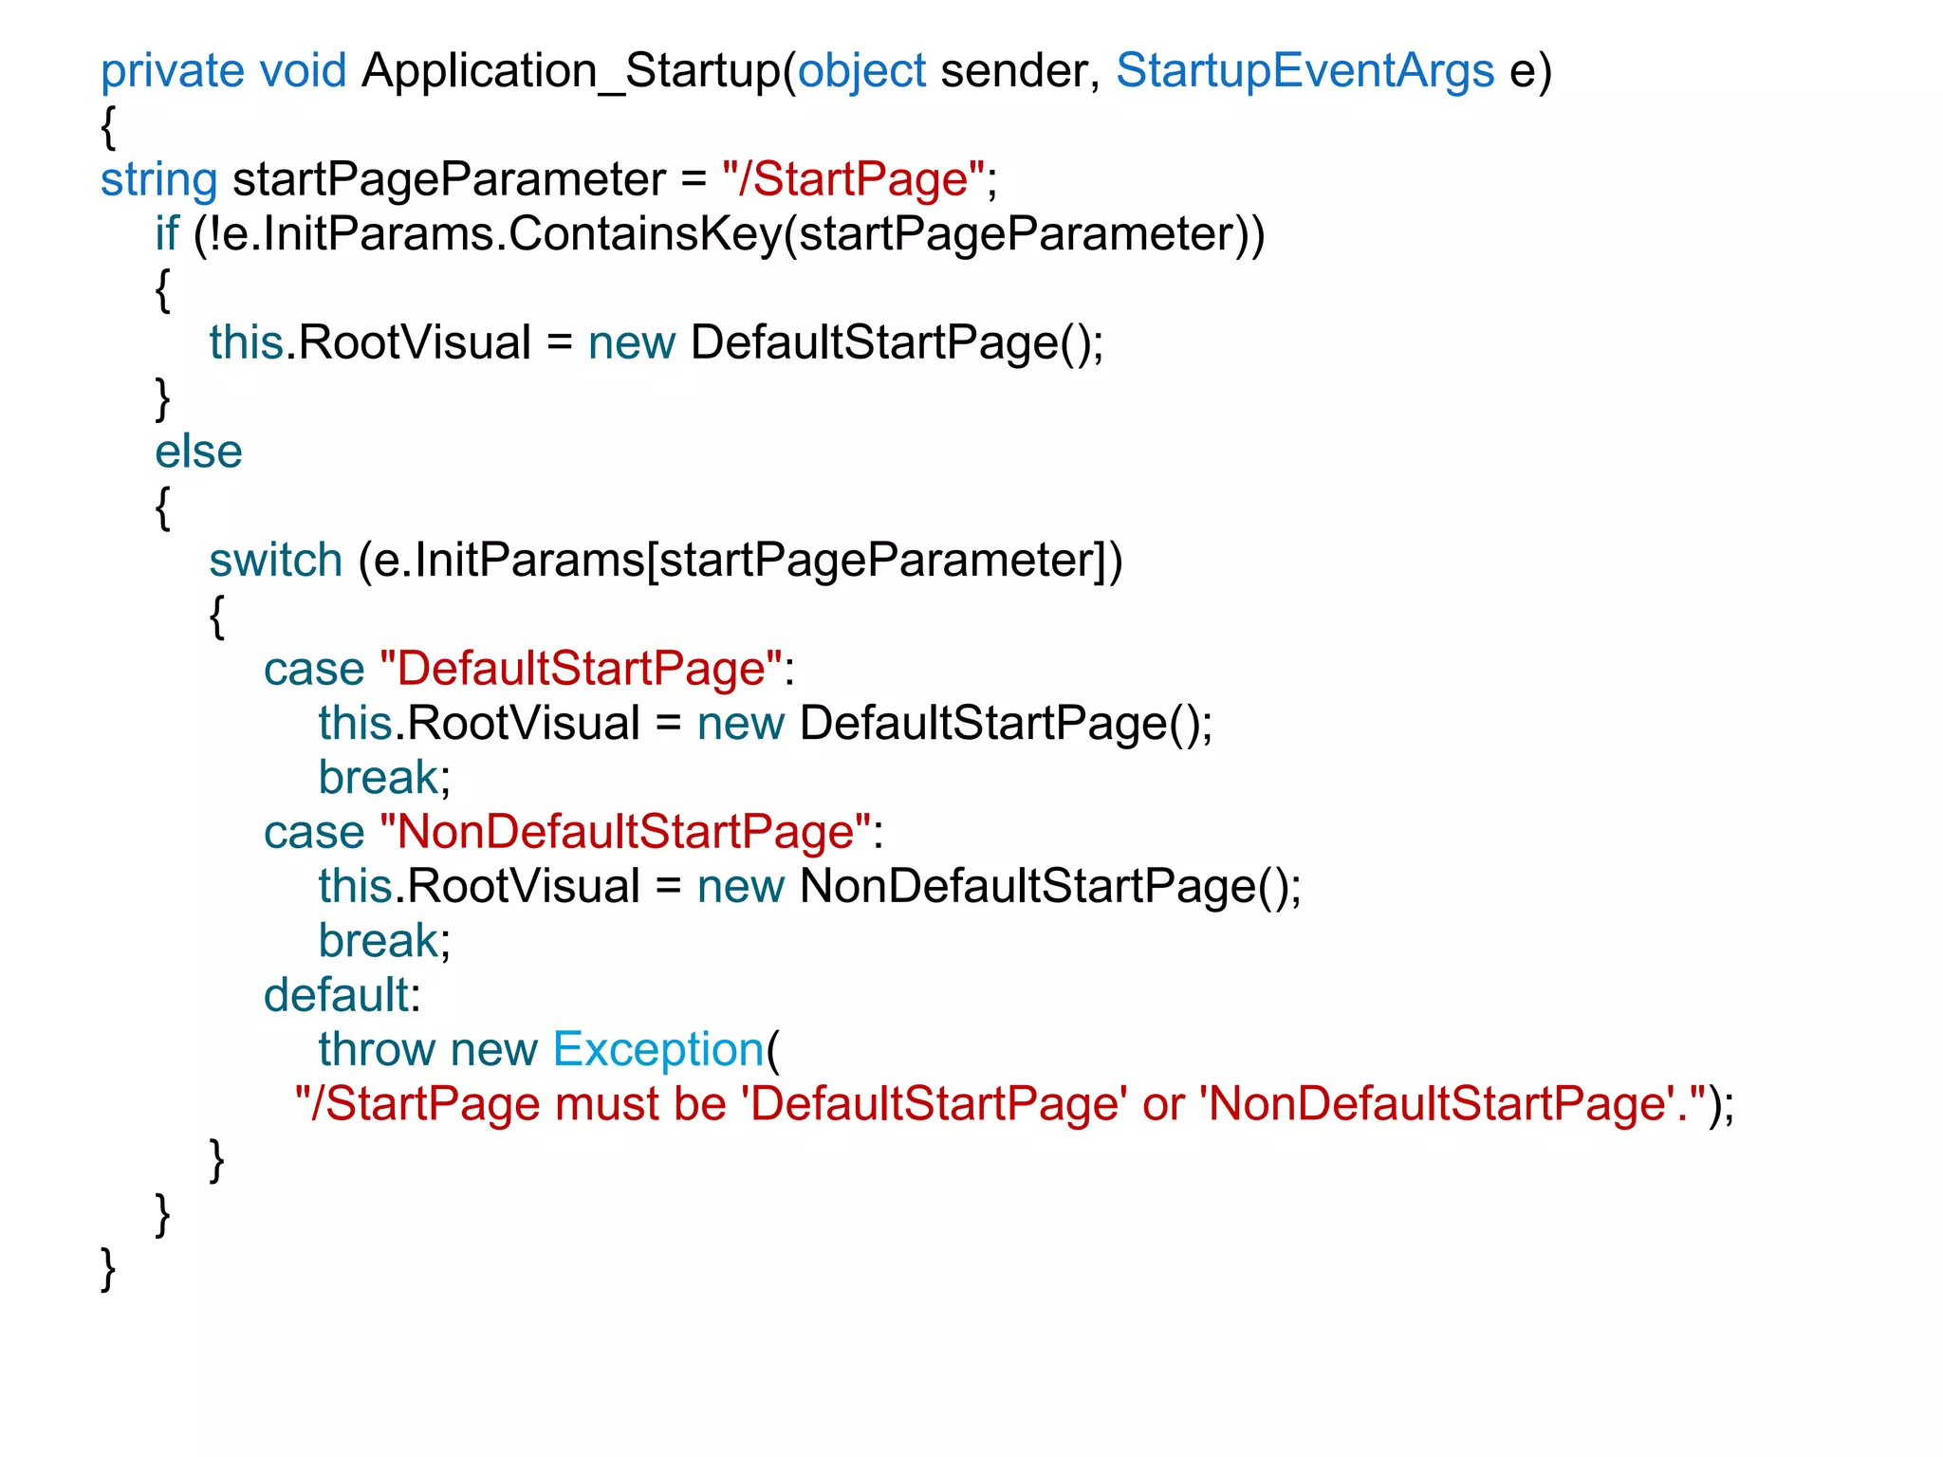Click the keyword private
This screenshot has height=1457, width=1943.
pos(172,72)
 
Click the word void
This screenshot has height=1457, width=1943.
pos(303,72)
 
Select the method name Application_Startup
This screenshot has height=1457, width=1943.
pos(570,72)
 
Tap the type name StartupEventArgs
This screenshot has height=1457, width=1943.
pos(1305,72)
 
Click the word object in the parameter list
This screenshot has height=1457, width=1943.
pos(861,72)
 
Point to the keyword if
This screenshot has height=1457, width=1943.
pos(167,234)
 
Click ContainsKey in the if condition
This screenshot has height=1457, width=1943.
pos(645,234)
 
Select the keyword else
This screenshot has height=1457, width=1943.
pos(198,452)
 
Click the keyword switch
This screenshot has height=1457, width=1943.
pos(275,561)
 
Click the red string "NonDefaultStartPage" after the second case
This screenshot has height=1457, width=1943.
pos(624,833)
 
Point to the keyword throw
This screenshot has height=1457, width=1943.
pos(376,1050)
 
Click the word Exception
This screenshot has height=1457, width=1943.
pos(657,1050)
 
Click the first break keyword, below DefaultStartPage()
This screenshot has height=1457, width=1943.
pos(379,778)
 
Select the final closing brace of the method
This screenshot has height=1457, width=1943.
pos(108,1269)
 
